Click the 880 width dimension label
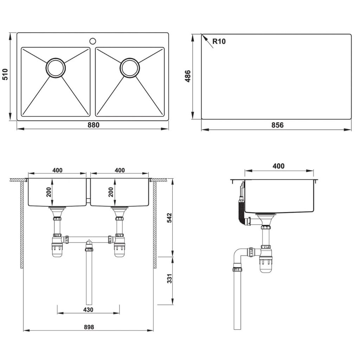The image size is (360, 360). click(x=94, y=125)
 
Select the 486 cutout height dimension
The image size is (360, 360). click(x=188, y=76)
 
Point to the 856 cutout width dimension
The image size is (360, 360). click(x=277, y=125)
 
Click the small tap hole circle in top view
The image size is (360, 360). click(x=93, y=41)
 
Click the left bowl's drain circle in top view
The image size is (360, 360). click(x=56, y=68)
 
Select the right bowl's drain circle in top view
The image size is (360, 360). click(x=130, y=68)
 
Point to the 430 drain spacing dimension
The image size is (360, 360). click(x=88, y=309)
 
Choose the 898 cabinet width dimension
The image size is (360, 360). click(x=89, y=327)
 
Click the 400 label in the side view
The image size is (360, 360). click(x=278, y=166)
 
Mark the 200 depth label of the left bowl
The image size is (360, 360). click(x=49, y=192)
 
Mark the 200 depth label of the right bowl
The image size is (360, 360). click(x=111, y=192)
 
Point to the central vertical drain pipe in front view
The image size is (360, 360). click(x=89, y=278)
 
